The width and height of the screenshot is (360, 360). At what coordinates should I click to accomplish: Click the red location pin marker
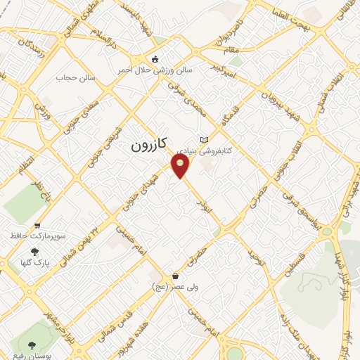coord(181,166)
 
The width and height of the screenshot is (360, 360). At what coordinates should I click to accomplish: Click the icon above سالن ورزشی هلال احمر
coord(156,60)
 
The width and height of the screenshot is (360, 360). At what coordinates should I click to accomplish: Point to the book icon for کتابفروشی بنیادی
coord(205,139)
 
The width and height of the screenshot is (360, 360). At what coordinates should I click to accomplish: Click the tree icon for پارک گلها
coord(35,252)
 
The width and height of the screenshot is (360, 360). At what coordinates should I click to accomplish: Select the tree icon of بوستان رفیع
coord(32,345)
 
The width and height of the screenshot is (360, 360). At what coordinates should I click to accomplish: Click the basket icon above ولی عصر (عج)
coord(174,276)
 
